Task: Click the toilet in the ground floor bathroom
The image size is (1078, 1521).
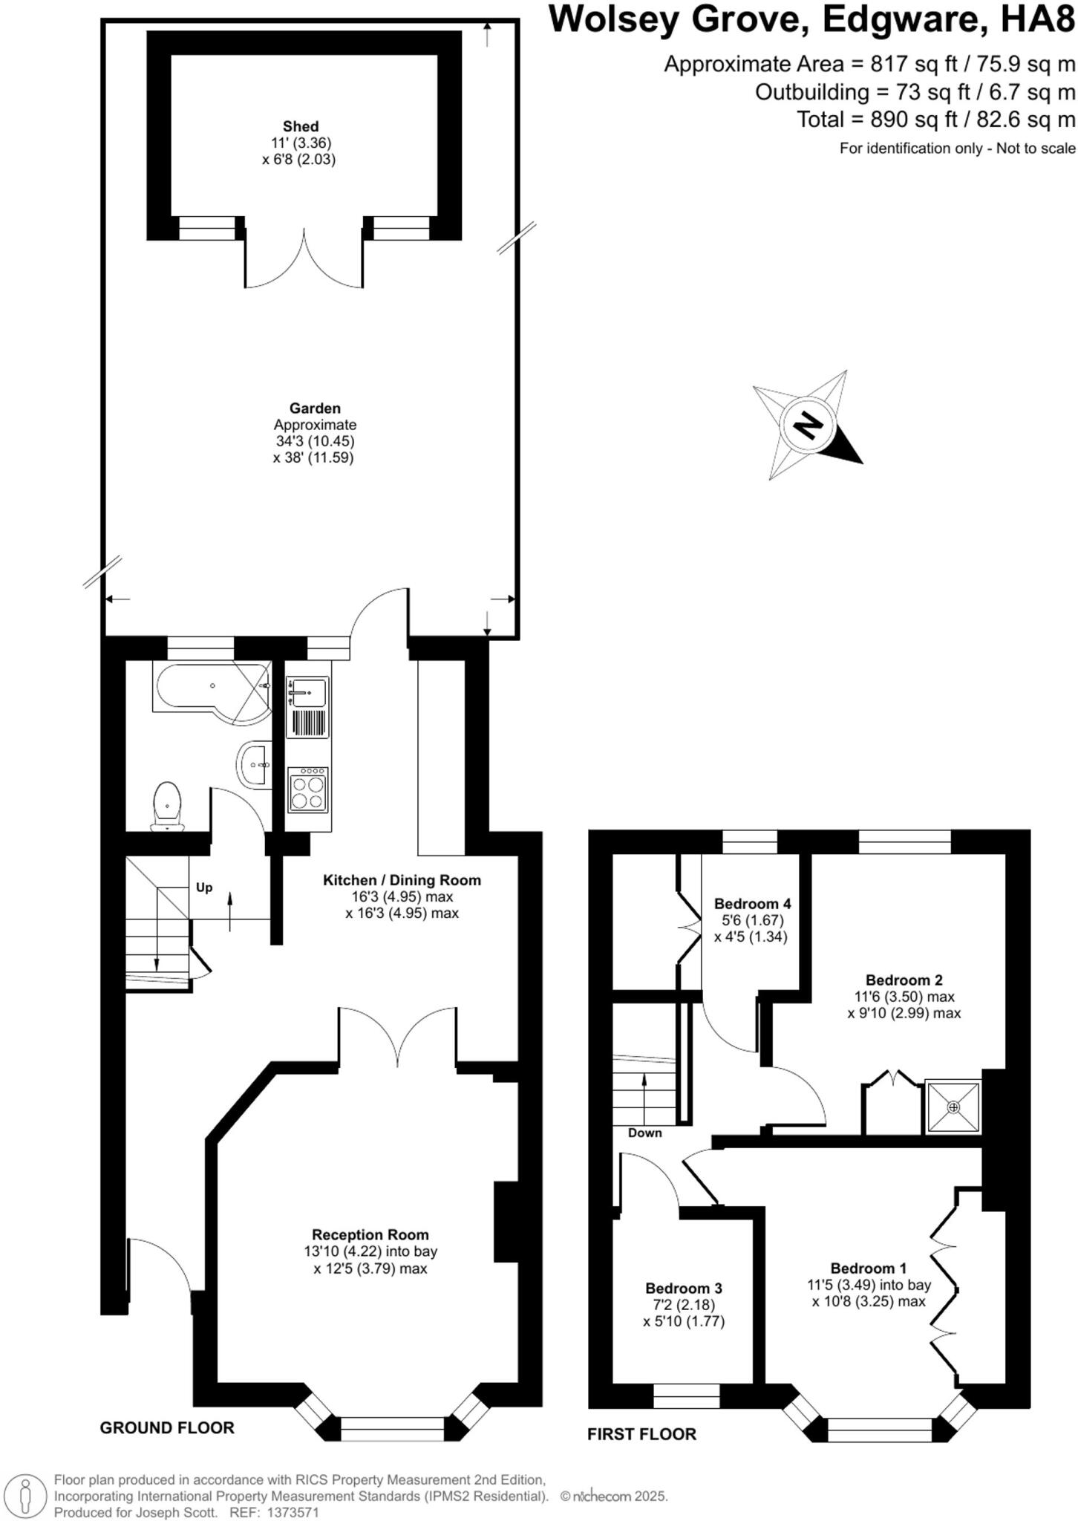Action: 167,805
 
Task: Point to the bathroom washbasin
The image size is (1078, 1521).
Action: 255,762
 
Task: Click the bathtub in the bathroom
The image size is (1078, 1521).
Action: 212,688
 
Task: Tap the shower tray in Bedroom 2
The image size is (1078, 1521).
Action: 953,1107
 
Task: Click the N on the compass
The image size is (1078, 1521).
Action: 808,426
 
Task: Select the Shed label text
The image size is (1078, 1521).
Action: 300,126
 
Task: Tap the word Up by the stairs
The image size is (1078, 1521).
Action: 204,887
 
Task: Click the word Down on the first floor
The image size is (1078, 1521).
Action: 644,1133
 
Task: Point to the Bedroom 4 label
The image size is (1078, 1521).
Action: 752,904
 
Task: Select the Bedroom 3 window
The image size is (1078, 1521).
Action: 686,1396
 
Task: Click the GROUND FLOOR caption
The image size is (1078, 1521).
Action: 167,1427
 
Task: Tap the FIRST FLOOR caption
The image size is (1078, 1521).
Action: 641,1434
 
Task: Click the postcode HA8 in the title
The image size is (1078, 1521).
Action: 1038,20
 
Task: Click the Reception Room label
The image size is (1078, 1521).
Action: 370,1234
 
